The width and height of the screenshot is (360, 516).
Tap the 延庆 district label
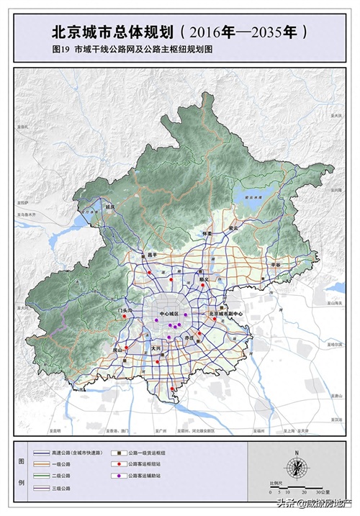point(110,206)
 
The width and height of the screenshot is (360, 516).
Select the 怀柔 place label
point(207,233)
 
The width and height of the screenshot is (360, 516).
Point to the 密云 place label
point(233,227)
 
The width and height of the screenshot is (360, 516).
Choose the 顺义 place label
point(204,279)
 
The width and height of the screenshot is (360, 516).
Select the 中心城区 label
point(168,314)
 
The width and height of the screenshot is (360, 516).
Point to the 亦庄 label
point(189,337)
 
